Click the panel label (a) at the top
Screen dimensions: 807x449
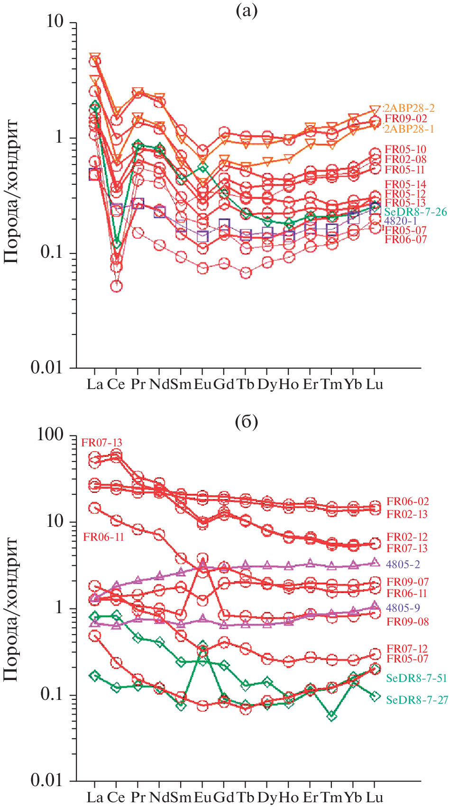[247, 11]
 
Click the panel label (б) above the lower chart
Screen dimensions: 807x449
[247, 421]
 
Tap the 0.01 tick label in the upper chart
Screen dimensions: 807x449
[46, 367]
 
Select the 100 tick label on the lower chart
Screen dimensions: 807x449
[50, 435]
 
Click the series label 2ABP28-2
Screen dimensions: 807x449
[409, 108]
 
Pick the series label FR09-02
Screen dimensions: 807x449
[405, 118]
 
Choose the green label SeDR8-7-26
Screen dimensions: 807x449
[415, 211]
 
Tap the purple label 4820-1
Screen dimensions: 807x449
[401, 221]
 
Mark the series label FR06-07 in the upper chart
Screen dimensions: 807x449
[405, 239]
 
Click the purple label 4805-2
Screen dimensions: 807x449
[403, 564]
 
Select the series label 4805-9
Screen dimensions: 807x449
[403, 608]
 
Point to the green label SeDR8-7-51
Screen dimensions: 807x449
[416, 678]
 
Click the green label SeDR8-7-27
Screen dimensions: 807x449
[416, 700]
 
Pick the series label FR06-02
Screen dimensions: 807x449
[407, 501]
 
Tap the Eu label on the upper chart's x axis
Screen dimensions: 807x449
[202, 384]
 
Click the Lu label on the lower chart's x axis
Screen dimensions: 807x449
[374, 798]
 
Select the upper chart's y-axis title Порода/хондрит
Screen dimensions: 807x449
[11, 191]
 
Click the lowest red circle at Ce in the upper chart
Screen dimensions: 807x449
[116, 286]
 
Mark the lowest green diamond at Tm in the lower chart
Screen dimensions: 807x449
[331, 716]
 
